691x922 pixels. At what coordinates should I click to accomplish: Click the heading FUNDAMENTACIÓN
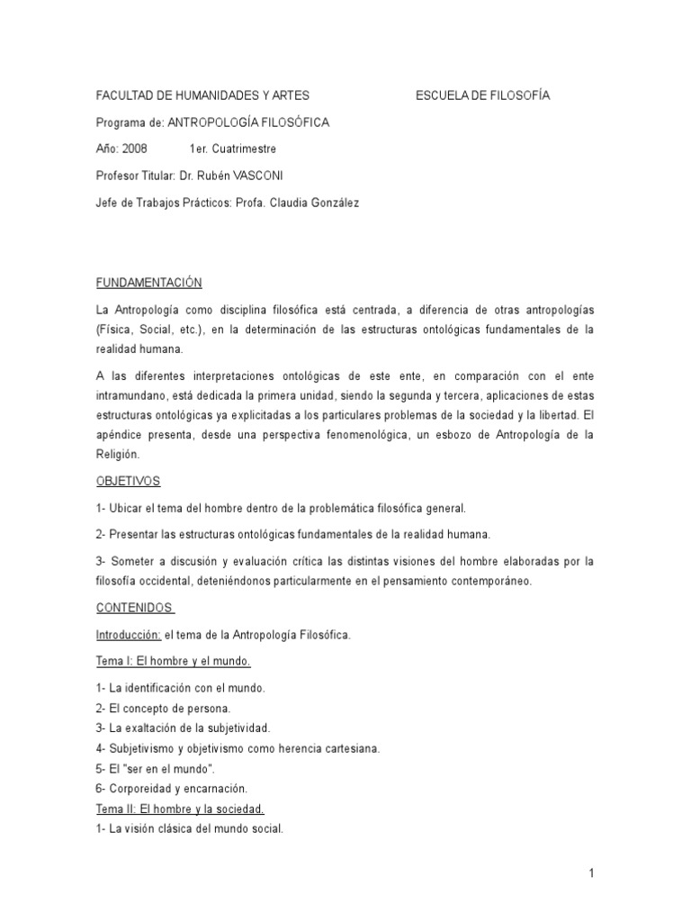tap(149, 283)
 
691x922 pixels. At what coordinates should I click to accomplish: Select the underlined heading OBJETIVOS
tap(128, 482)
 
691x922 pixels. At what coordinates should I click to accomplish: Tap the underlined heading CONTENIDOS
tap(134, 609)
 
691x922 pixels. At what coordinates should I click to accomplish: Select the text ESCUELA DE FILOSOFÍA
tap(482, 95)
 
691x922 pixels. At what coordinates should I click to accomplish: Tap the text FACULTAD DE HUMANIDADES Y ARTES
tap(202, 95)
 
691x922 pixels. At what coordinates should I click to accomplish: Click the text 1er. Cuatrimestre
tap(233, 149)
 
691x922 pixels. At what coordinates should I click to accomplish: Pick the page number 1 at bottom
tap(592, 872)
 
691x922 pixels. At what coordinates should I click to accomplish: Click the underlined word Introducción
tap(129, 635)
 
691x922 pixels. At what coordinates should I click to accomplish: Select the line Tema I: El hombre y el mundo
tap(174, 662)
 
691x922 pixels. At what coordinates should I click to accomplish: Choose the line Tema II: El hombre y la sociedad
tap(180, 809)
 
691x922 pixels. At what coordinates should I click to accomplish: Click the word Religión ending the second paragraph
tap(119, 455)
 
